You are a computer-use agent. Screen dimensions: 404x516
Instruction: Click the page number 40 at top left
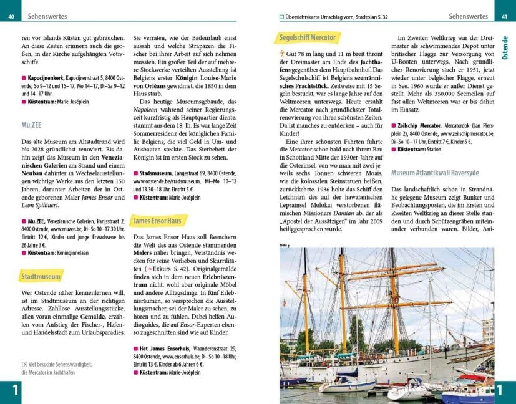coord(11,16)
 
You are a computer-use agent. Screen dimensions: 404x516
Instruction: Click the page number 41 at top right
coord(504,16)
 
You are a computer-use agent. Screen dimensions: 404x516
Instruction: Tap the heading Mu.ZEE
coord(31,125)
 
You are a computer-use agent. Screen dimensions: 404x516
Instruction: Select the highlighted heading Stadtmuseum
coord(41,276)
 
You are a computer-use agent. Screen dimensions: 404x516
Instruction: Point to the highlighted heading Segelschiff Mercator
coord(305,38)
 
